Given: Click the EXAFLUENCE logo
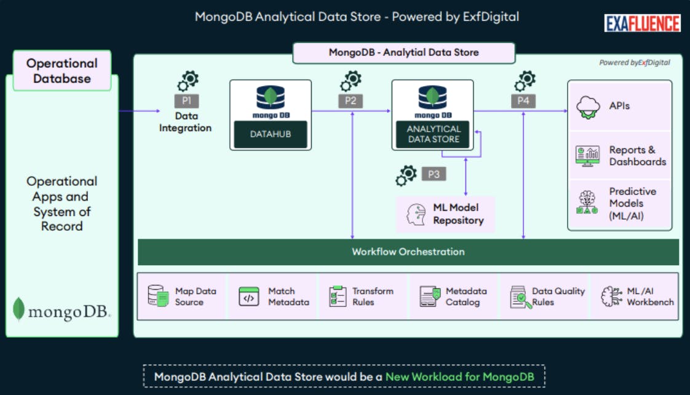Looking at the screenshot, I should [x=642, y=23].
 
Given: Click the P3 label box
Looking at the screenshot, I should [x=434, y=174].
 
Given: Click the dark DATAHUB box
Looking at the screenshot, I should [x=270, y=134].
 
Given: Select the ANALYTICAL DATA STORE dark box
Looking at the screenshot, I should [x=433, y=134].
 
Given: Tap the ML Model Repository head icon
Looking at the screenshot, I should [x=416, y=214].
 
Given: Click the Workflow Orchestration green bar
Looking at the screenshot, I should [x=408, y=252].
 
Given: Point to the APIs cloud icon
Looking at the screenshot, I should [x=588, y=107].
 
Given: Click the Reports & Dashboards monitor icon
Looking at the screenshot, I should [x=588, y=156].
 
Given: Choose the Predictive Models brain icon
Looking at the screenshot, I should [x=588, y=202].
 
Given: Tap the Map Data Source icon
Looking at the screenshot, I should [x=158, y=297].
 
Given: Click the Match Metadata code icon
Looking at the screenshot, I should [x=249, y=297].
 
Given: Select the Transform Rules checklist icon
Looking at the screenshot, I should [x=338, y=297].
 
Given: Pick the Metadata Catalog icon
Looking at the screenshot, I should [x=430, y=297].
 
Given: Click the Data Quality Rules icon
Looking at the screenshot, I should [x=520, y=297].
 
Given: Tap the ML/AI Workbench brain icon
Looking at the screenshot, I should [x=611, y=297].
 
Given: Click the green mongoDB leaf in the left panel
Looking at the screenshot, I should [x=19, y=309].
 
